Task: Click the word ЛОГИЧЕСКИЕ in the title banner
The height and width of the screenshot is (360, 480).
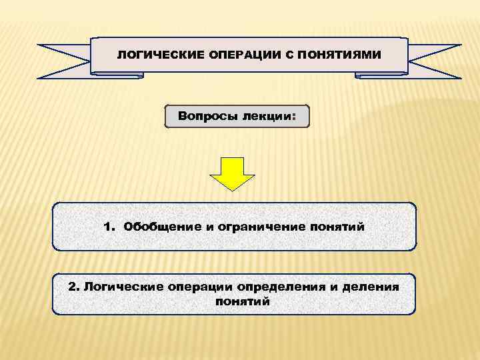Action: pyautogui.click(x=150, y=55)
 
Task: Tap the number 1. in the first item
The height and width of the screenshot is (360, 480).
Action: pyautogui.click(x=110, y=227)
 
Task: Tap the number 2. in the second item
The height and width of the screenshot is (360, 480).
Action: pyautogui.click(x=73, y=287)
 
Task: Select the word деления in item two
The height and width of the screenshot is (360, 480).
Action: pyautogui.click(x=373, y=287)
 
